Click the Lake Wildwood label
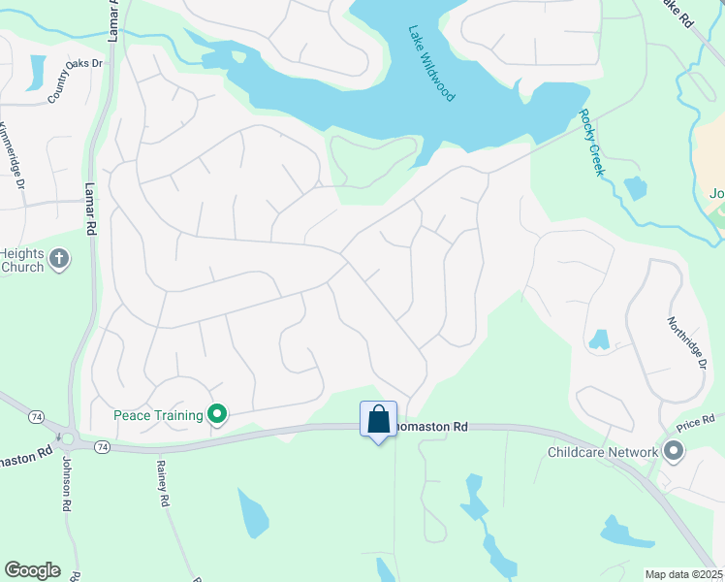[431, 63]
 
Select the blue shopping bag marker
[378, 420]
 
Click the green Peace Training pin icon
[218, 415]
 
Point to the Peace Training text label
[158, 415]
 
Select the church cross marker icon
[59, 259]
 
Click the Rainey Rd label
[163, 484]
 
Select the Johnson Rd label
[68, 483]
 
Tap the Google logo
[32, 570]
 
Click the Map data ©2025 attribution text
[684, 574]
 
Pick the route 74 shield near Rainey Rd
[103, 446]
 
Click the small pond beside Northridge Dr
[599, 339]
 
